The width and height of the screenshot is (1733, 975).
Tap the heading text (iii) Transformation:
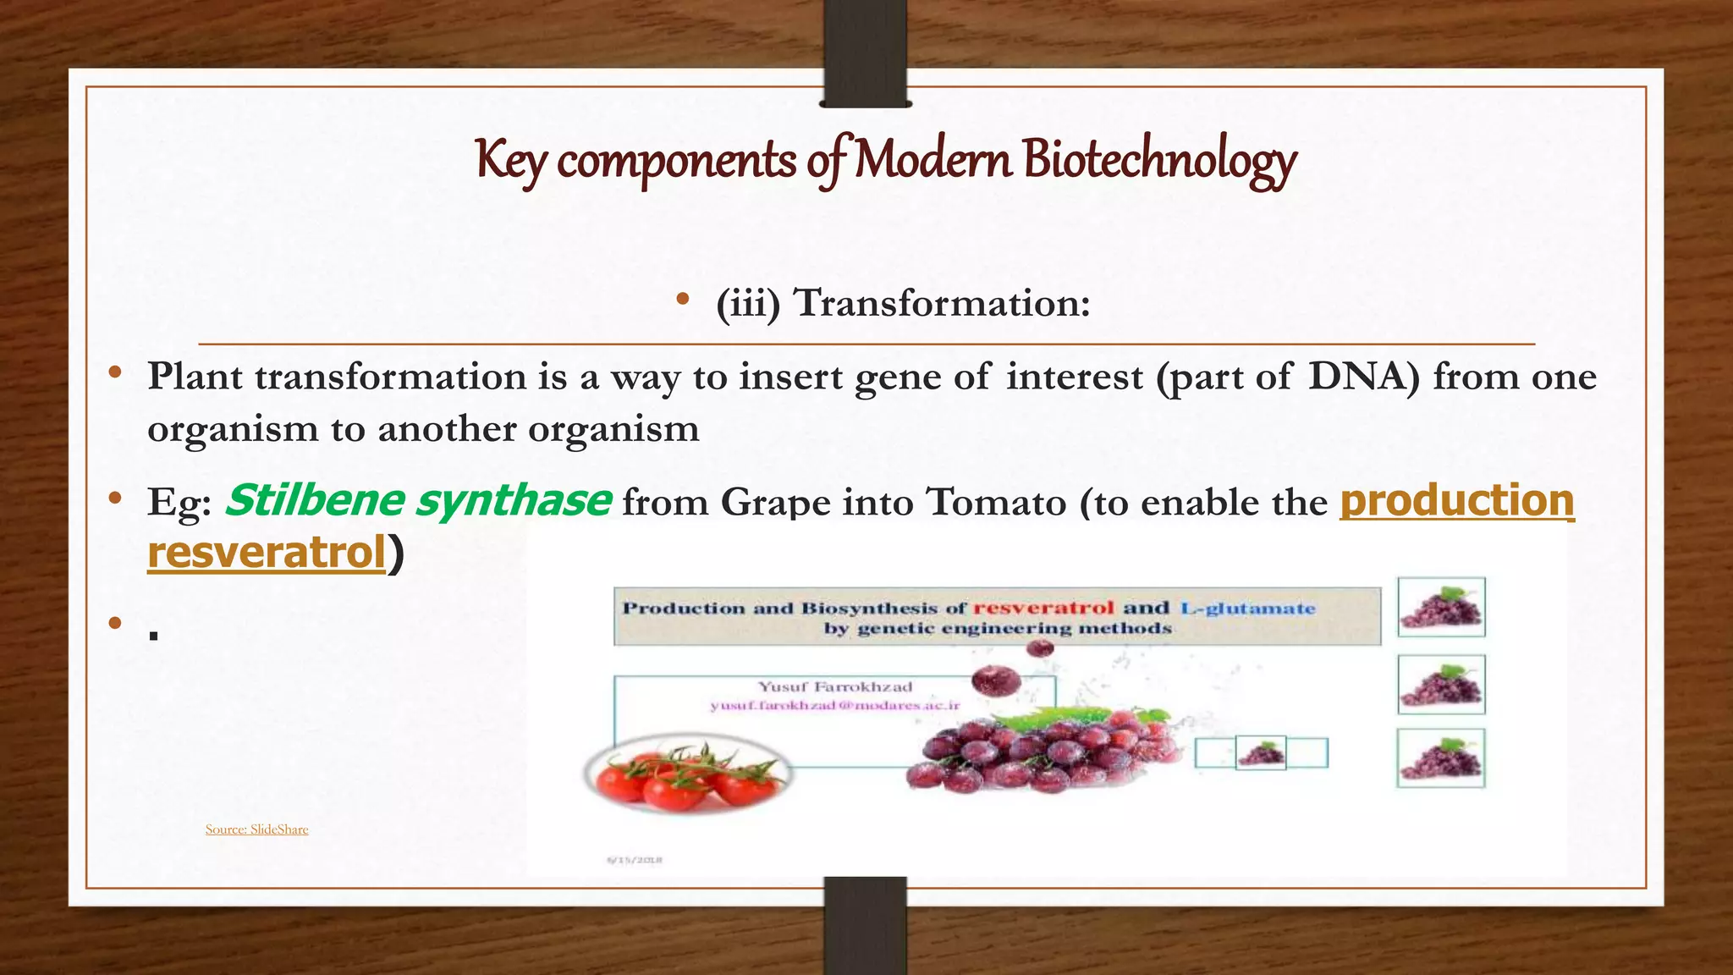(903, 303)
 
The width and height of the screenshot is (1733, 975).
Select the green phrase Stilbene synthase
(417, 500)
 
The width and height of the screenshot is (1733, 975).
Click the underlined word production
(1456, 500)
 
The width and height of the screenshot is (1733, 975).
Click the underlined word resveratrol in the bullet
(267, 553)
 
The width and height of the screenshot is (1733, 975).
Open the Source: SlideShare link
(256, 829)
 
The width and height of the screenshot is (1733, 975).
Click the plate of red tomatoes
(687, 774)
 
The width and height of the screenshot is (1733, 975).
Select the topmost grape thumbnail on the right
(1441, 607)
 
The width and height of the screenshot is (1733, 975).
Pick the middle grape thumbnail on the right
(1441, 684)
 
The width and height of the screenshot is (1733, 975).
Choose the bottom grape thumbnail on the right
(1441, 758)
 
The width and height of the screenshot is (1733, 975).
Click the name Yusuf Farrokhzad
(835, 686)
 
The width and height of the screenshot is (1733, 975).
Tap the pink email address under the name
(835, 705)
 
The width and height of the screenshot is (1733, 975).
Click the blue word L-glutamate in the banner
(1248, 608)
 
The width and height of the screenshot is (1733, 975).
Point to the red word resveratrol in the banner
(1043, 608)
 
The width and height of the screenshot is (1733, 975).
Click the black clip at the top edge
(865, 53)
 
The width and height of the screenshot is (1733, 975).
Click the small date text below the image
(635, 860)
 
